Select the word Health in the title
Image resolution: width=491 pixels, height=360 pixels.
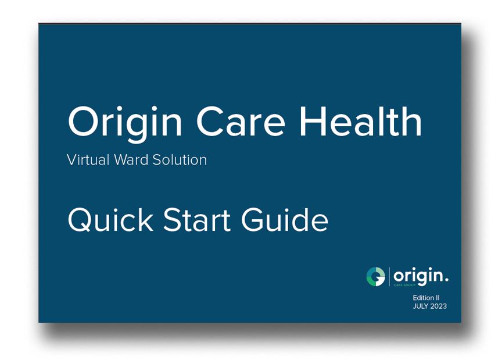pos(361,120)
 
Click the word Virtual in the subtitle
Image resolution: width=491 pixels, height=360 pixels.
pos(88,160)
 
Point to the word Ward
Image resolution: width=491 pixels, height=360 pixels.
pos(131,160)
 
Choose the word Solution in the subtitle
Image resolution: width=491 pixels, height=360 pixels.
pos(180,160)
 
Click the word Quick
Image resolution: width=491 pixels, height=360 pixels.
pos(110,220)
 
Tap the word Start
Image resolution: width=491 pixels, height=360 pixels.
pos(197,220)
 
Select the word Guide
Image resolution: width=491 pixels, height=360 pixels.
pos(285,220)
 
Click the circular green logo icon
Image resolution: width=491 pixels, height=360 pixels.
pos(376,277)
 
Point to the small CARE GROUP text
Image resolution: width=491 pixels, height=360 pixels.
pos(404,285)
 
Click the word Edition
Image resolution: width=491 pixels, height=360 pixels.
pos(424,298)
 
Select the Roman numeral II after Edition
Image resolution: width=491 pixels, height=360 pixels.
pos(438,298)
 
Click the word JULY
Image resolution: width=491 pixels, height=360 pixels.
pos(421,306)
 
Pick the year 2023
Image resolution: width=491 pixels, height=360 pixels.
pos(439,306)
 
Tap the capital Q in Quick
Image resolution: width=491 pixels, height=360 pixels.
pos(80,220)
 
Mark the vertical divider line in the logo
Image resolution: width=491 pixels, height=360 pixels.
pos(389,277)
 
